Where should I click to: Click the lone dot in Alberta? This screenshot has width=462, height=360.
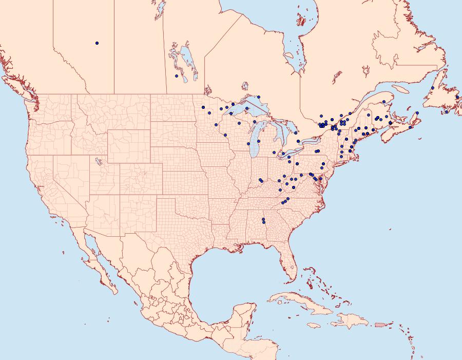click(x=97, y=43)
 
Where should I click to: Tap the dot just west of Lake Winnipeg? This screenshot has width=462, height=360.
click(x=177, y=76)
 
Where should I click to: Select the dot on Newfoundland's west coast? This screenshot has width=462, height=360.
click(x=433, y=88)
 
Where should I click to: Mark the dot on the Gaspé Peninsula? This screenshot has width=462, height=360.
click(x=384, y=102)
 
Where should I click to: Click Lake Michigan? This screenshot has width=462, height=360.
click(x=255, y=139)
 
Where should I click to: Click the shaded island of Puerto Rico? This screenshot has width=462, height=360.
click(x=380, y=325)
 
